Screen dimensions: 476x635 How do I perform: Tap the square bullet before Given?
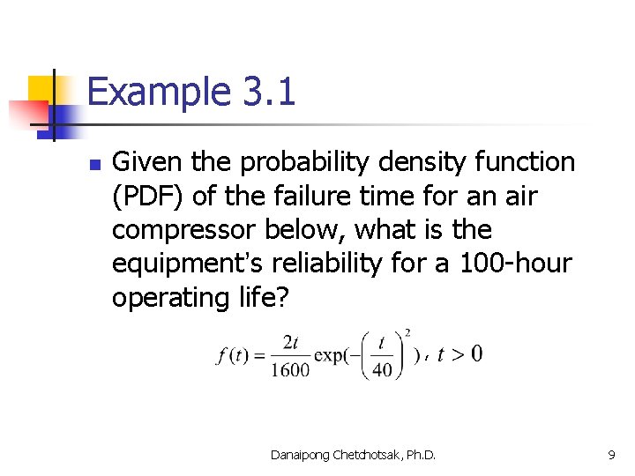pos(95,165)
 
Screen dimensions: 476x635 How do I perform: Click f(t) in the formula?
pos(234,355)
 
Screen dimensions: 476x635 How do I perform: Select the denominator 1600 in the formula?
pos(289,370)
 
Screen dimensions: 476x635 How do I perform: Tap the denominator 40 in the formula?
pos(382,370)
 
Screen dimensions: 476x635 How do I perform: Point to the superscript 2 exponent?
pos(407,334)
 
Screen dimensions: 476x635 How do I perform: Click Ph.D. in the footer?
pos(418,455)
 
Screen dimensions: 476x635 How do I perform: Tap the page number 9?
pos(611,455)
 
